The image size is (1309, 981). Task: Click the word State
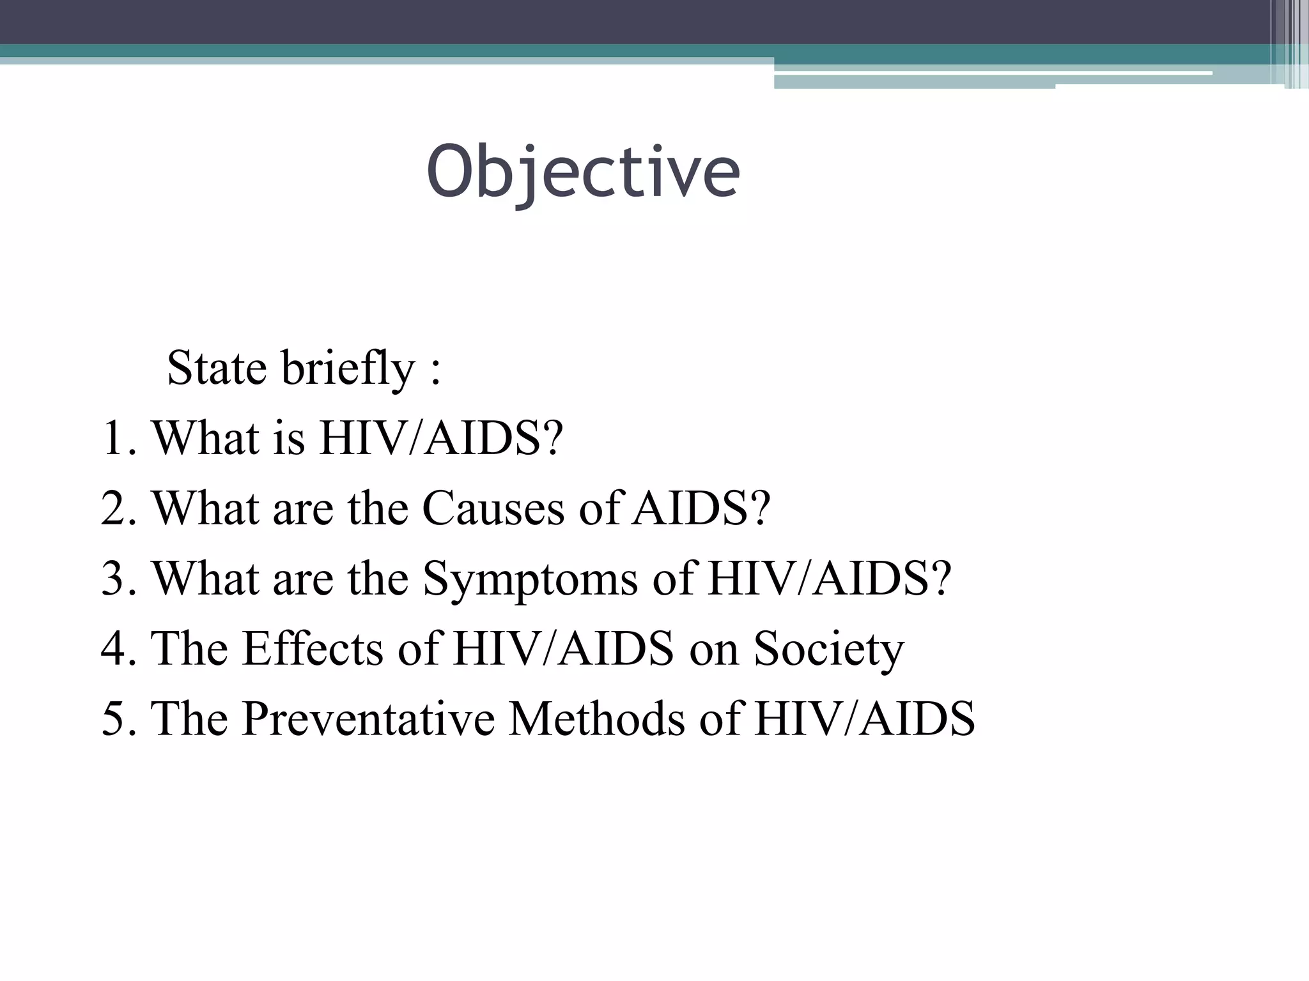point(216,369)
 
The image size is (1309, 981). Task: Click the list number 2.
point(115,509)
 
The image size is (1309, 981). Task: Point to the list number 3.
point(115,579)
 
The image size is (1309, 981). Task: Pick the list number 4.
point(115,650)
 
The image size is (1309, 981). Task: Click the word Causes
point(493,509)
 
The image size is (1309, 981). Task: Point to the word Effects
point(313,650)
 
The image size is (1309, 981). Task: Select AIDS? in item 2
point(701,509)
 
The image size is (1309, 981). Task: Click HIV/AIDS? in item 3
point(830,579)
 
